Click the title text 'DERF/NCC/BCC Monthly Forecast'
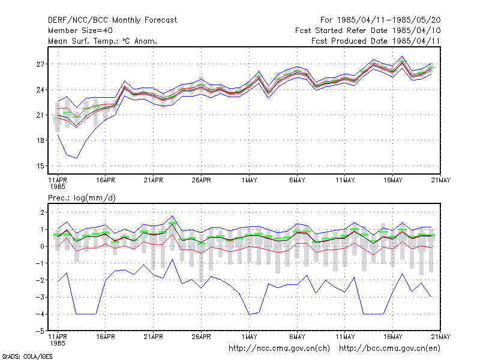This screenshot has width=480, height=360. pos(112,20)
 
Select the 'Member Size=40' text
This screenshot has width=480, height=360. pos(80,31)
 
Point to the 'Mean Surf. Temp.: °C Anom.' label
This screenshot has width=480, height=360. pos(103,41)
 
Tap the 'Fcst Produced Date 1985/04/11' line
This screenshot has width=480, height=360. pos(376,41)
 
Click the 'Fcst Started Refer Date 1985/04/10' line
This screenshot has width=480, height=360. pos(368,31)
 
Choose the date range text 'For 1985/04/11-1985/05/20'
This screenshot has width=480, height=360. pos(380,20)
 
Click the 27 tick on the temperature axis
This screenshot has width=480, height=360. pos(40,64)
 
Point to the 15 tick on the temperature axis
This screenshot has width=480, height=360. pos(40,166)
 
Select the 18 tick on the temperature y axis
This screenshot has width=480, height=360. pos(40,140)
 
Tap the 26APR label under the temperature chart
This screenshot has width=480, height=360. pos(201,180)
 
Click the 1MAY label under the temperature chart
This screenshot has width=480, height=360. pos(249,180)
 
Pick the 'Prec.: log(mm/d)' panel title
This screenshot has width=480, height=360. pos(82,198)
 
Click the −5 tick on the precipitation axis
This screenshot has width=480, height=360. pos(40,331)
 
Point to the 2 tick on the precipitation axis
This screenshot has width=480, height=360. pos(42,212)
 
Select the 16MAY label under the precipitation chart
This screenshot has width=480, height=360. pos(393,337)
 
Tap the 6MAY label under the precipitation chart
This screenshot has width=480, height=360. pos(297,337)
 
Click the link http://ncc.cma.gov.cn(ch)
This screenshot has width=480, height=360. pos(279,349)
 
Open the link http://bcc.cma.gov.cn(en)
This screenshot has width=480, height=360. pos(389,349)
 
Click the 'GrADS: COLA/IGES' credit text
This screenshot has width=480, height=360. pos(27,356)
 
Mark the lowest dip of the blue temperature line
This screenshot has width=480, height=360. pos(77,158)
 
